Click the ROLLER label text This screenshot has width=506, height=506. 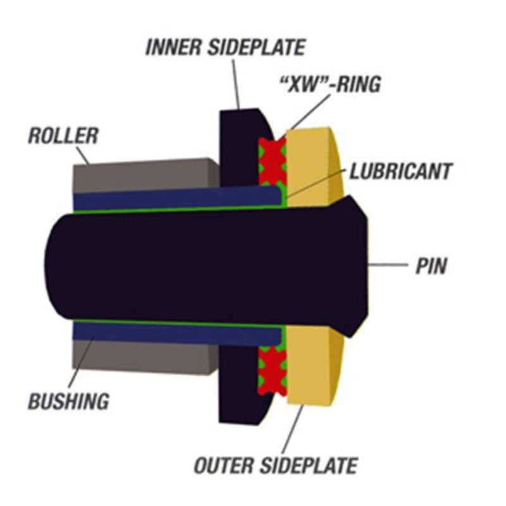[x=63, y=136]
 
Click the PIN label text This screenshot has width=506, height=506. [x=431, y=266]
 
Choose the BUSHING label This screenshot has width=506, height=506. [x=69, y=400]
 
